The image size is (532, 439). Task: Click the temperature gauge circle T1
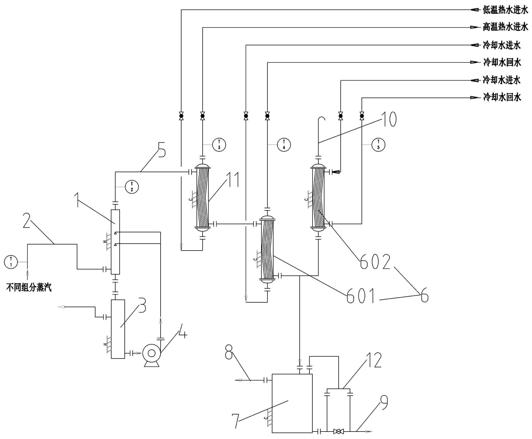click(11, 262)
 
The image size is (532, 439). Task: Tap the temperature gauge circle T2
click(132, 187)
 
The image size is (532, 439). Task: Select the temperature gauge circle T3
click(219, 145)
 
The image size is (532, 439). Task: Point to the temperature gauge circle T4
click(284, 145)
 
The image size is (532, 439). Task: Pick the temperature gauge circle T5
click(378, 145)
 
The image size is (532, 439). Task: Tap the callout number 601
click(361, 296)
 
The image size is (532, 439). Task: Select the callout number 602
click(375, 262)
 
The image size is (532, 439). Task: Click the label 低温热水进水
click(505, 10)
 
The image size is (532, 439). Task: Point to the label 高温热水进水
click(505, 27)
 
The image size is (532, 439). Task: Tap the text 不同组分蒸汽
click(29, 288)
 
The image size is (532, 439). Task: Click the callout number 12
click(374, 360)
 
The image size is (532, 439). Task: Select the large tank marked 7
click(292, 403)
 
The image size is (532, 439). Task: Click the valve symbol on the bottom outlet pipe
click(338, 431)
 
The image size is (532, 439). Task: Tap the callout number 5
click(161, 150)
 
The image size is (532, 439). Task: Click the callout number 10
click(389, 119)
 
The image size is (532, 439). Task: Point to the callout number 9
click(384, 403)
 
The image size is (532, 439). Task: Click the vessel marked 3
click(118, 329)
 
